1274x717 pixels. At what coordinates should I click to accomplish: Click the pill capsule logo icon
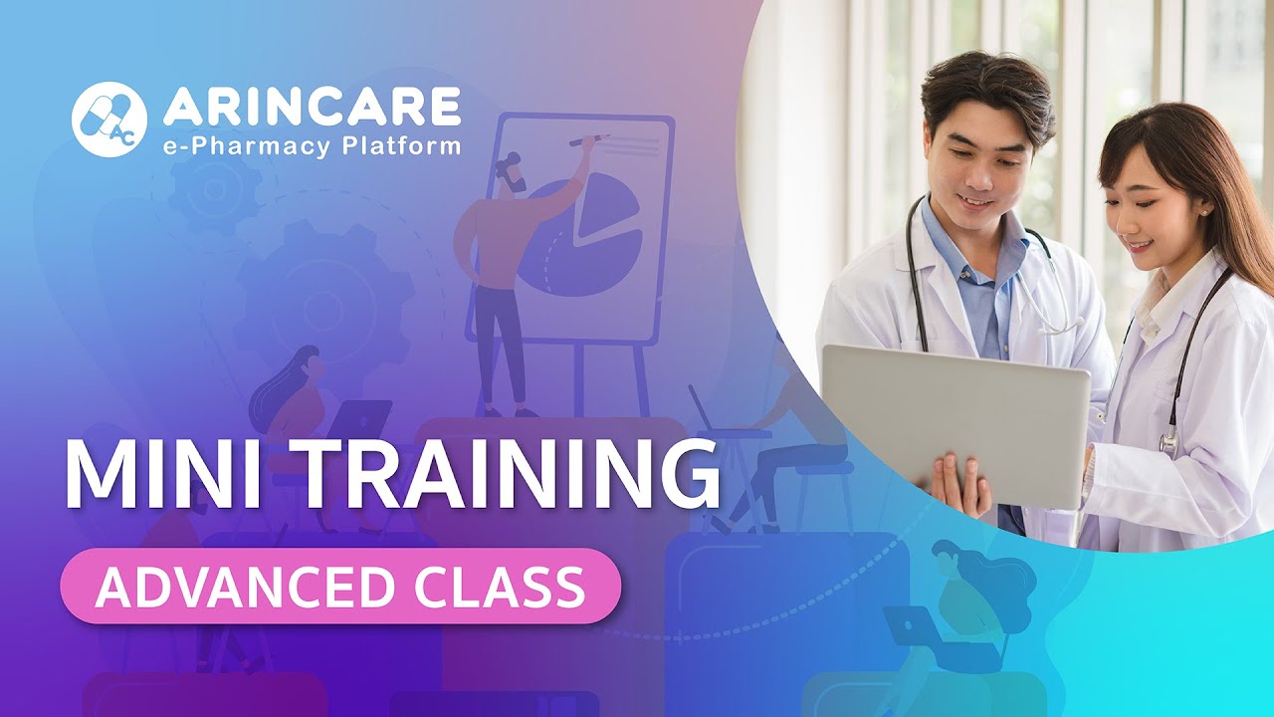pyautogui.click(x=108, y=119)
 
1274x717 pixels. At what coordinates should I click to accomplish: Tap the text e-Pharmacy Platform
pyautogui.click(x=312, y=146)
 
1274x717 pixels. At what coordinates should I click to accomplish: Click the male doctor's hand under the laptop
pyautogui.click(x=960, y=483)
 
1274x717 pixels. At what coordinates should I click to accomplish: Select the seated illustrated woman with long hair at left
pyautogui.click(x=294, y=398)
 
